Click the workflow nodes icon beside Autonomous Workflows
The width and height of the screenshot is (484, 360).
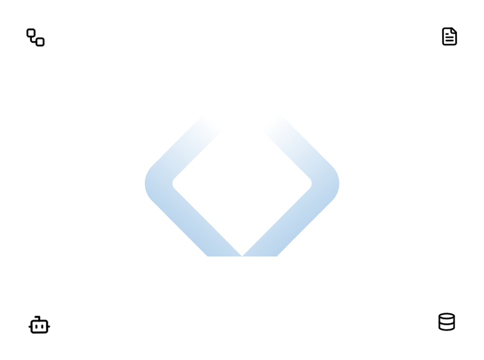tap(35, 37)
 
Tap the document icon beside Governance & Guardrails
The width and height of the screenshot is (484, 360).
tap(449, 36)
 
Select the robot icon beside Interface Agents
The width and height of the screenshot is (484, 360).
tap(39, 325)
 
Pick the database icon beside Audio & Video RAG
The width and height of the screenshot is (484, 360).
tap(447, 322)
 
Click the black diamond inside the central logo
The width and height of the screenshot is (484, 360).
tap(242, 184)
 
